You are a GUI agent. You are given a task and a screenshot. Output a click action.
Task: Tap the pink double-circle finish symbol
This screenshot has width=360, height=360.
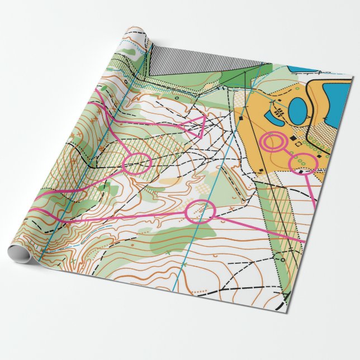pos(272,142)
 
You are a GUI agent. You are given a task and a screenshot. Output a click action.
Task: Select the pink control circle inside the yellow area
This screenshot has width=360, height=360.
pos(302,163)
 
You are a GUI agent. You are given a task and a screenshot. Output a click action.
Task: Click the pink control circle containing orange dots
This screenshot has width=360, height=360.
pos(200,211)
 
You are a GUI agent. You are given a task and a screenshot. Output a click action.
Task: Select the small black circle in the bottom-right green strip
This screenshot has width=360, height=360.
pos(282,259)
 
